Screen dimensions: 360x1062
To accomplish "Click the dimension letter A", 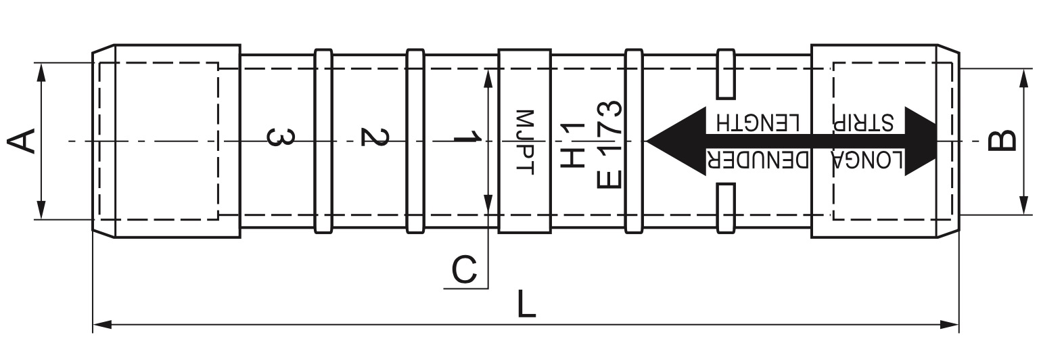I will pos(21,141).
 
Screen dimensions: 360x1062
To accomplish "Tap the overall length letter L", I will pos(526,307).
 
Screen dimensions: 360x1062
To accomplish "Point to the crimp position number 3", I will pos(279,137).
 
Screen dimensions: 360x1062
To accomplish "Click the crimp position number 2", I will pos(373,137).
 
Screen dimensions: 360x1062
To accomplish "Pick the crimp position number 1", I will pos(466,138).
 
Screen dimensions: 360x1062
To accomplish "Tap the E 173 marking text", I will pos(609,144).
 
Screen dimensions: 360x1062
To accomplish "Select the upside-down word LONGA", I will pos(867,161).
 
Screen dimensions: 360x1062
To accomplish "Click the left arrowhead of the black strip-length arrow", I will pos(670,141).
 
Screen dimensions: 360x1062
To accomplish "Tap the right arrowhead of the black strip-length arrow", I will pos(920,141).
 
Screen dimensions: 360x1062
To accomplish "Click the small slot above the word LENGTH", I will pos(726,74).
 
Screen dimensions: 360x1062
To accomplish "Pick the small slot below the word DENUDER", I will pos(726,208).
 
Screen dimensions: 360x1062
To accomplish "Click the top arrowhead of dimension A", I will pos(41,72).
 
